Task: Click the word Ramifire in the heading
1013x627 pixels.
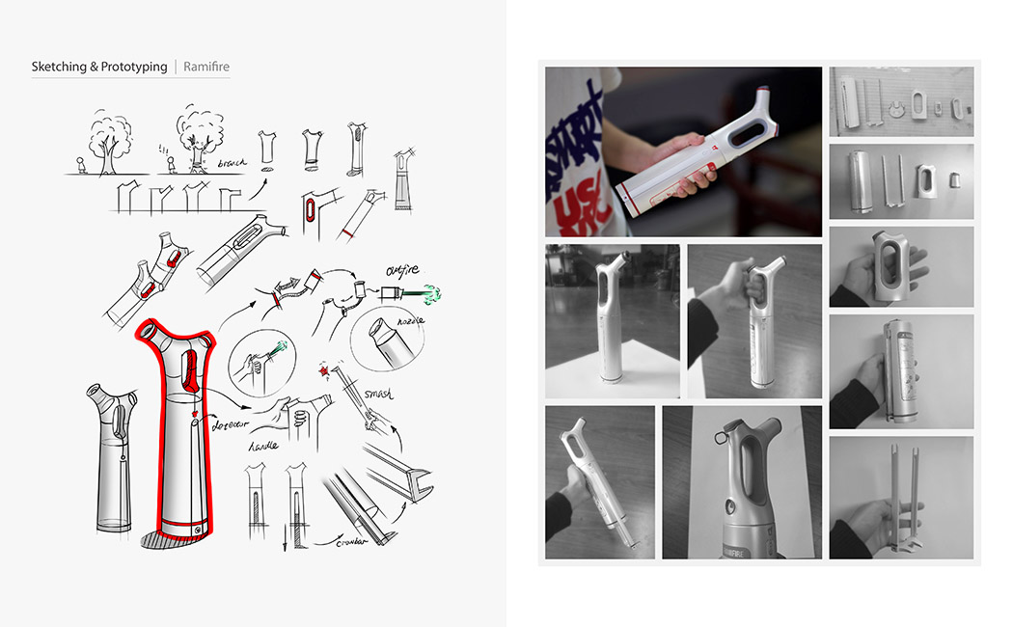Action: (206, 67)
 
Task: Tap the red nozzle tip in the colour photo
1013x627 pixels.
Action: (763, 93)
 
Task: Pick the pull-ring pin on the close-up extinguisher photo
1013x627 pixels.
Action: (720, 438)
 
